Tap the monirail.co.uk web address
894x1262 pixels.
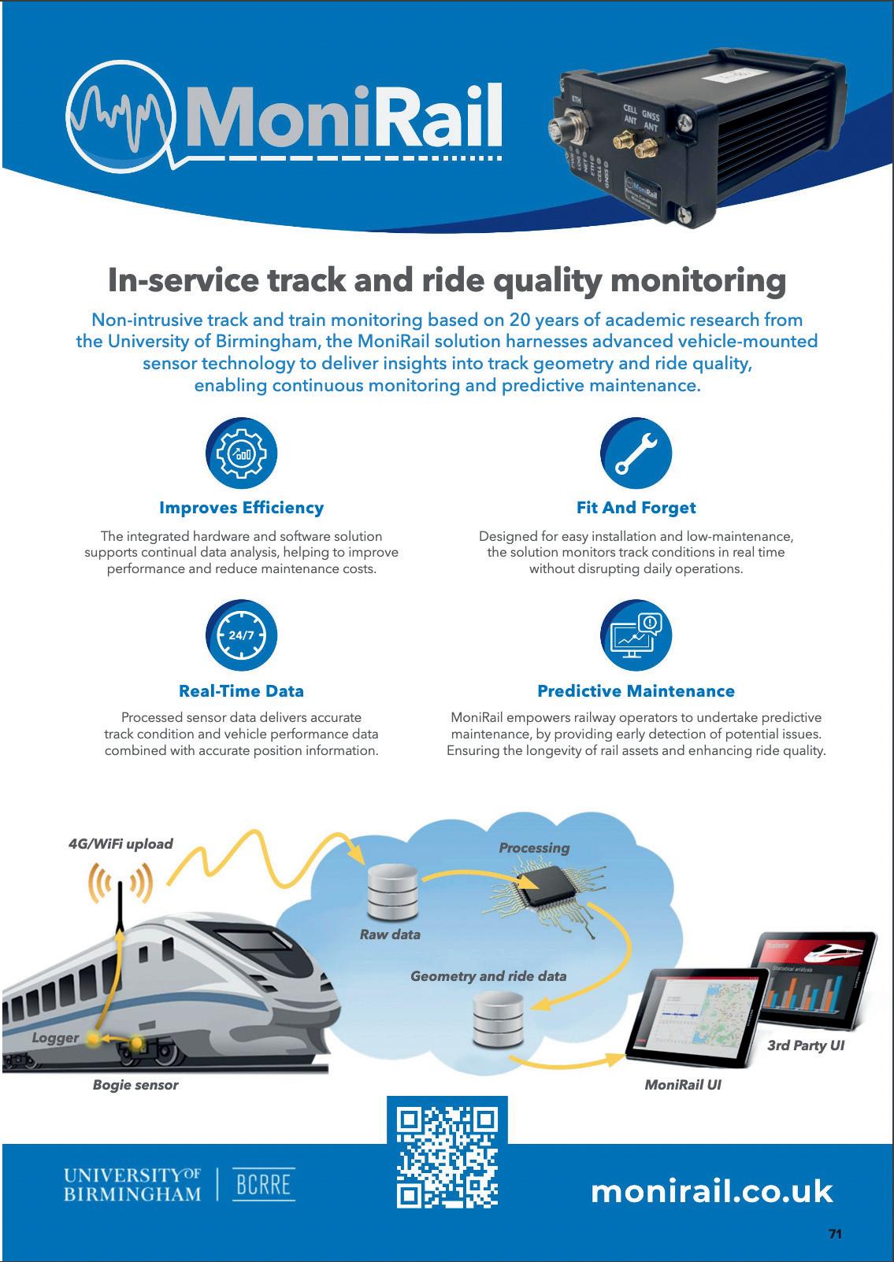[711, 1190]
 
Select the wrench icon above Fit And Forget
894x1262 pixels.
[636, 453]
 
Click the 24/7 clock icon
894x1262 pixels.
[241, 635]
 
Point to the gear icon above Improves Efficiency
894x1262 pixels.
[241, 453]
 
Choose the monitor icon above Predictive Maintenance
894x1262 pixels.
[636, 635]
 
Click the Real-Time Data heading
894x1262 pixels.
[241, 691]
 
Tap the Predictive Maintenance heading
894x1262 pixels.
[636, 691]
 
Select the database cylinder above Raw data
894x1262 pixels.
[390, 893]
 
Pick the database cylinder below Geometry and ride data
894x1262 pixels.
[498, 1020]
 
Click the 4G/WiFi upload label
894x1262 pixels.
[121, 844]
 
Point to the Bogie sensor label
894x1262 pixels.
[135, 1085]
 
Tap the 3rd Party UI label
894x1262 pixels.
[805, 1045]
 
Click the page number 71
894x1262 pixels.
[835, 1234]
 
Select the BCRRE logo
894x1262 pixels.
[264, 1185]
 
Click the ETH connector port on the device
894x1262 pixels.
[568, 129]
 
